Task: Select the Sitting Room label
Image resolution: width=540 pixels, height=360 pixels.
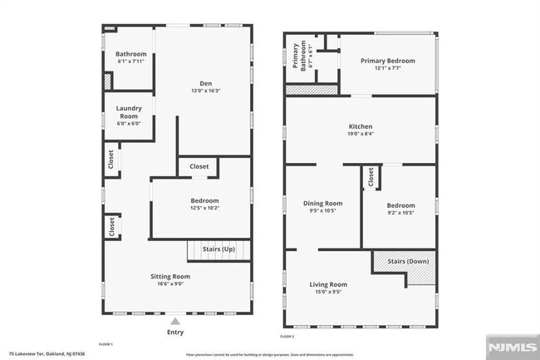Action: click(170, 276)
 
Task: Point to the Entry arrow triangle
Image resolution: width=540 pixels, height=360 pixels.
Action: click(174, 319)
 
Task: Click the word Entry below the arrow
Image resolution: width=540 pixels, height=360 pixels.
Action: click(174, 332)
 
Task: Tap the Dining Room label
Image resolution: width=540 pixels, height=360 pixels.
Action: click(322, 203)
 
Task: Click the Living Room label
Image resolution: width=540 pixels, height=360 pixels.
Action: click(328, 284)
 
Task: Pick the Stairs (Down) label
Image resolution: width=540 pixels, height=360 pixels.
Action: click(408, 262)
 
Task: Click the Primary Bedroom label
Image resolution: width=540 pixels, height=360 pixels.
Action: click(387, 60)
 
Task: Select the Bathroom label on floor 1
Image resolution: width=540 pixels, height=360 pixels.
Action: click(130, 54)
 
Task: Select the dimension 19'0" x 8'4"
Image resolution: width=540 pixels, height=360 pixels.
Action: click(361, 133)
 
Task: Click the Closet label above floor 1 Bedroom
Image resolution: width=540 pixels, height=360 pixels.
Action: click(199, 166)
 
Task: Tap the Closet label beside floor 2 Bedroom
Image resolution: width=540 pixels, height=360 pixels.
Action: click(371, 177)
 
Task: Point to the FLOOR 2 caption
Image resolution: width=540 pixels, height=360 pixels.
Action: click(287, 337)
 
